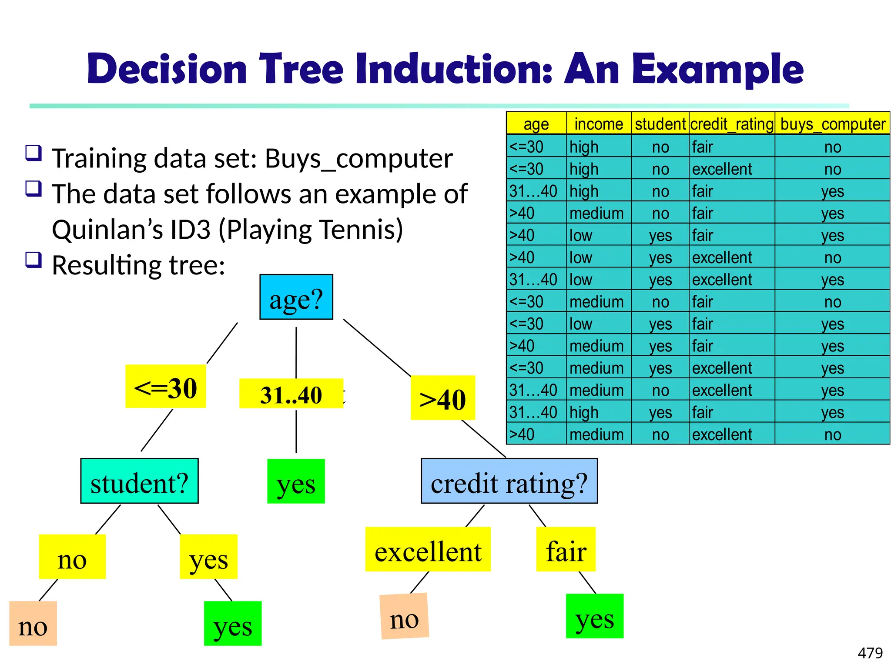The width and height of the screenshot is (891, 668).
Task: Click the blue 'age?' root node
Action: tap(296, 297)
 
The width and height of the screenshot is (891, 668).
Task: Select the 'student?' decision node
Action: tap(139, 481)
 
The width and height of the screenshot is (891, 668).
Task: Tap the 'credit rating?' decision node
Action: tap(509, 481)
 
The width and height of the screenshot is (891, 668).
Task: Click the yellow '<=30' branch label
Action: tap(165, 386)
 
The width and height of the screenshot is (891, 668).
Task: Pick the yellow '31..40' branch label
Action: tap(291, 394)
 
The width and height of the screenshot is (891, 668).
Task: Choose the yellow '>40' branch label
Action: tap(442, 398)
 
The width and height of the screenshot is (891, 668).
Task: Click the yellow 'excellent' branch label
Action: tap(428, 550)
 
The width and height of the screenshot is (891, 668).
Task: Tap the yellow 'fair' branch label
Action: tap(566, 550)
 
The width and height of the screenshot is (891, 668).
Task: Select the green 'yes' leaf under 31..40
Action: tap(296, 481)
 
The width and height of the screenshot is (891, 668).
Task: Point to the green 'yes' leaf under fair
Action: tap(594, 616)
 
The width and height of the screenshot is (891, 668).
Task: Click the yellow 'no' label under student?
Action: tap(72, 557)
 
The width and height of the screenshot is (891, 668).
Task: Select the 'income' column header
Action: tap(599, 124)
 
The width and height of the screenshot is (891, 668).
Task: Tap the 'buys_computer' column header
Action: tap(832, 124)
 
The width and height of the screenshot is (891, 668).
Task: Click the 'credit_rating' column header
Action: tap(732, 124)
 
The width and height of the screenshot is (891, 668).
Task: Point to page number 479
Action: tap(870, 653)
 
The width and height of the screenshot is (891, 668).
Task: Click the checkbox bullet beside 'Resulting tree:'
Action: tap(33, 260)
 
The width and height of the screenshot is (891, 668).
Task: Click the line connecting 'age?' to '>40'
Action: tap(377, 347)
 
